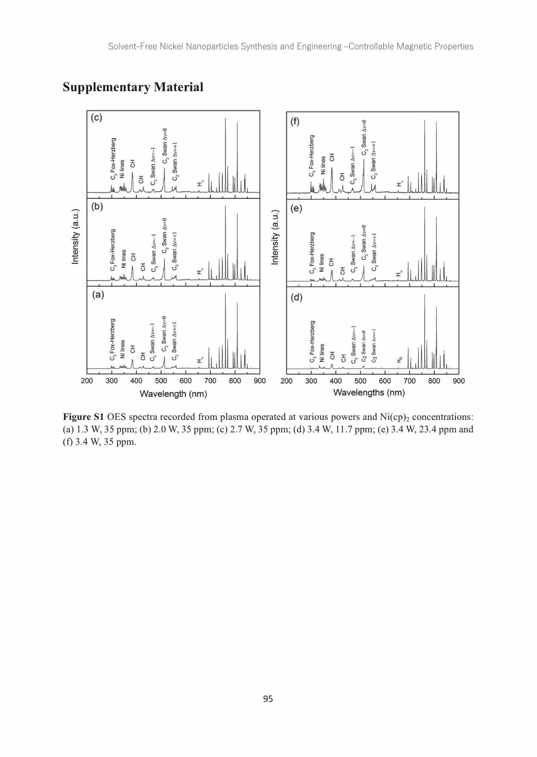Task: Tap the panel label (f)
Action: tap(295, 122)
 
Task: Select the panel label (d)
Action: tap(296, 297)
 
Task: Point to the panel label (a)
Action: tap(98, 295)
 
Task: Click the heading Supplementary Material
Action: tap(133, 87)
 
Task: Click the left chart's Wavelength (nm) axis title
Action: tap(173, 394)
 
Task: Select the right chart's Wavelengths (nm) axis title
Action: tap(369, 392)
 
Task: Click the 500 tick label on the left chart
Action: tap(161, 381)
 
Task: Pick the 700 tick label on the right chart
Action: tap(410, 381)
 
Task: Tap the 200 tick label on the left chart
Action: tap(87, 381)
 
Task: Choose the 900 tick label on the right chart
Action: tap(459, 381)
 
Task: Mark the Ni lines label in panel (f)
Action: tap(324, 165)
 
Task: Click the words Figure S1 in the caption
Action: tap(84, 417)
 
